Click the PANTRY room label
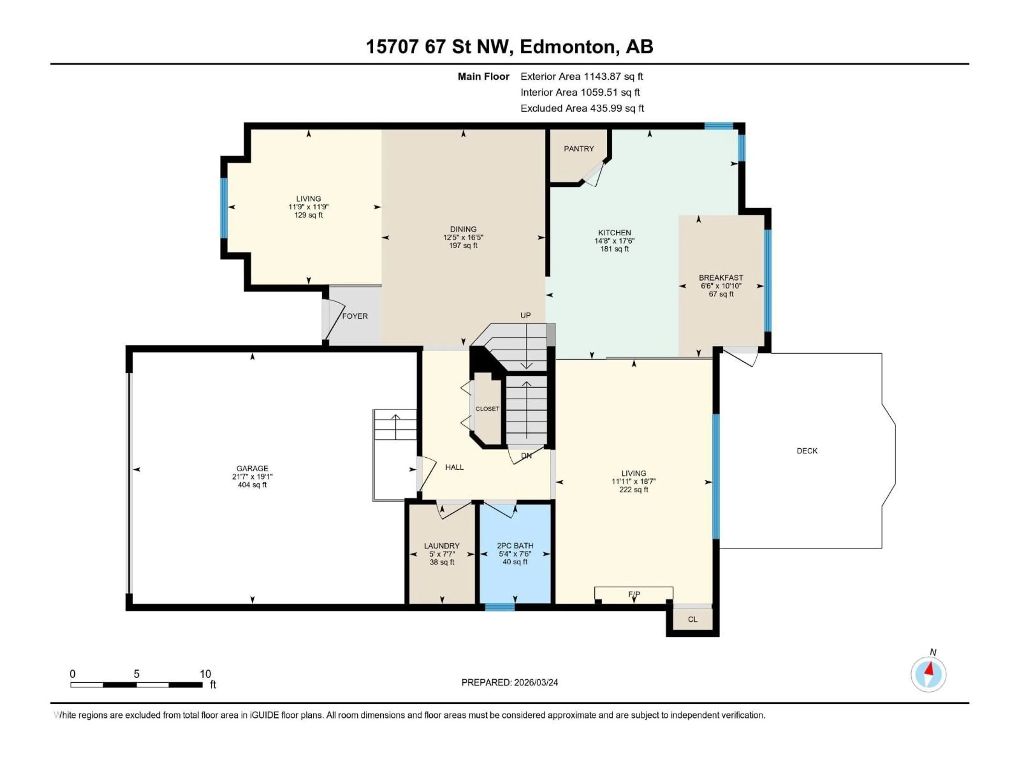click(x=579, y=148)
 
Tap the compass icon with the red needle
click(x=928, y=674)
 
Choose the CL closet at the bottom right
click(x=692, y=619)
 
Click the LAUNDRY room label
click(x=442, y=546)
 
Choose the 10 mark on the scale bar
click(x=205, y=674)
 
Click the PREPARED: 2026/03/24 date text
click(x=509, y=682)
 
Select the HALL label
click(x=454, y=467)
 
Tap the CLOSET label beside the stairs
click(x=487, y=409)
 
